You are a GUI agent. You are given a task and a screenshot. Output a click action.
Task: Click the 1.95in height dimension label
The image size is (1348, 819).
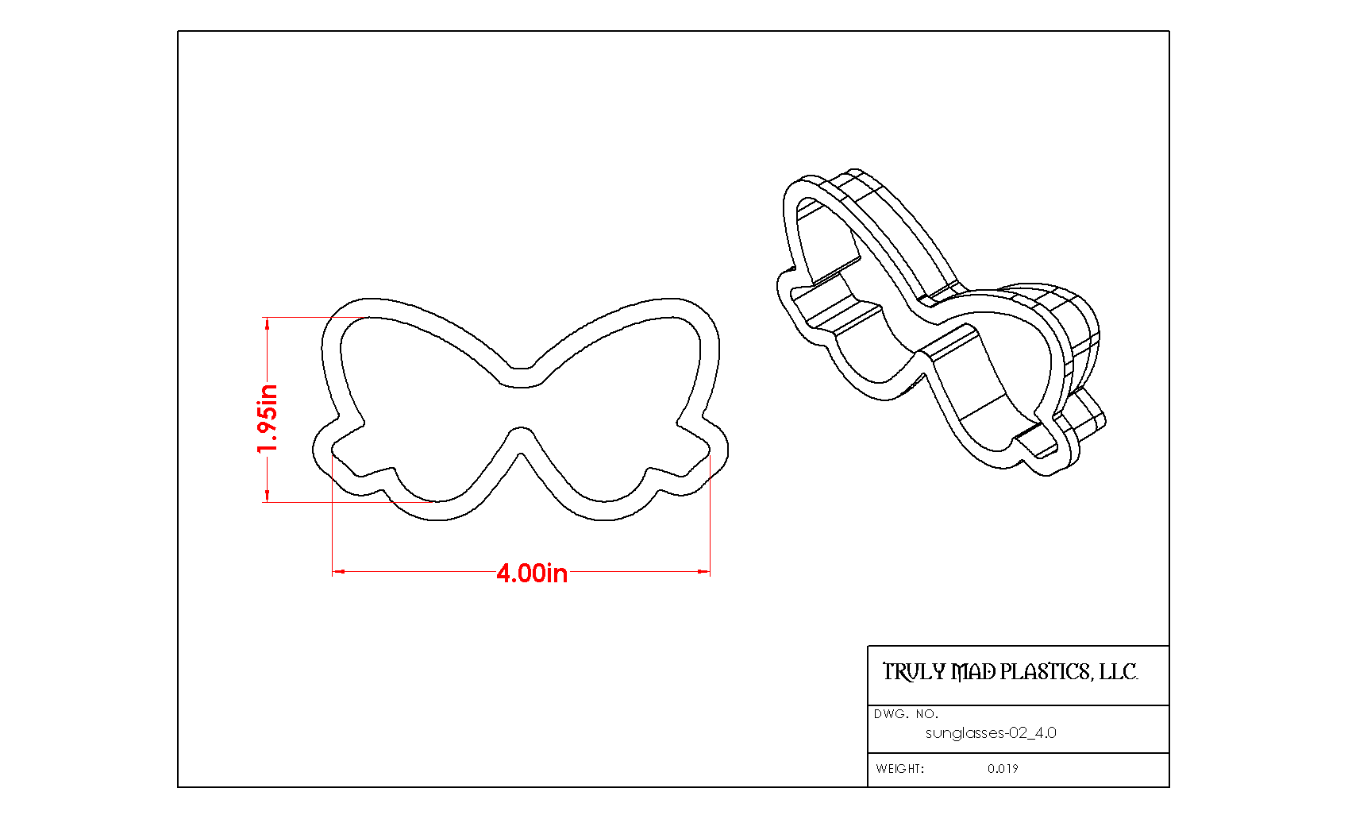(x=268, y=419)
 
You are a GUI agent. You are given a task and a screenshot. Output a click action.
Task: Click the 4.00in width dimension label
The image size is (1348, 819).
(x=532, y=574)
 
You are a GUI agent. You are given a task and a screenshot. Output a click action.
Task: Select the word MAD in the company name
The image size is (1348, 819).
(x=972, y=672)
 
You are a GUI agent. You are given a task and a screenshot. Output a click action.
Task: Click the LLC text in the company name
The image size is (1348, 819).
(x=1118, y=672)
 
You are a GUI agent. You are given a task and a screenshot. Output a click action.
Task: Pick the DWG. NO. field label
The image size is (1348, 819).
(x=906, y=714)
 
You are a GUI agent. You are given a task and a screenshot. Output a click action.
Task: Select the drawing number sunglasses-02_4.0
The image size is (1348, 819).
(x=991, y=733)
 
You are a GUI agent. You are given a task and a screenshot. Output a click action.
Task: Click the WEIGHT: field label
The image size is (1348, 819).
(x=899, y=769)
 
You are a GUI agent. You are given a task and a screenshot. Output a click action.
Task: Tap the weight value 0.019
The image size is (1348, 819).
(x=1003, y=769)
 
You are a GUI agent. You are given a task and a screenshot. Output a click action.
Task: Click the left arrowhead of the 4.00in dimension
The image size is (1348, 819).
(x=338, y=571)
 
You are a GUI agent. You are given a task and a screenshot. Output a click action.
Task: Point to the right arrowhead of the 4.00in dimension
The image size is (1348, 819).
(x=703, y=571)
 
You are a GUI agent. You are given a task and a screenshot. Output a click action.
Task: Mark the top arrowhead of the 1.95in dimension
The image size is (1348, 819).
(x=268, y=324)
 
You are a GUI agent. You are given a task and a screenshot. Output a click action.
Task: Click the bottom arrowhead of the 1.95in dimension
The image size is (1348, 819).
(x=268, y=495)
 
